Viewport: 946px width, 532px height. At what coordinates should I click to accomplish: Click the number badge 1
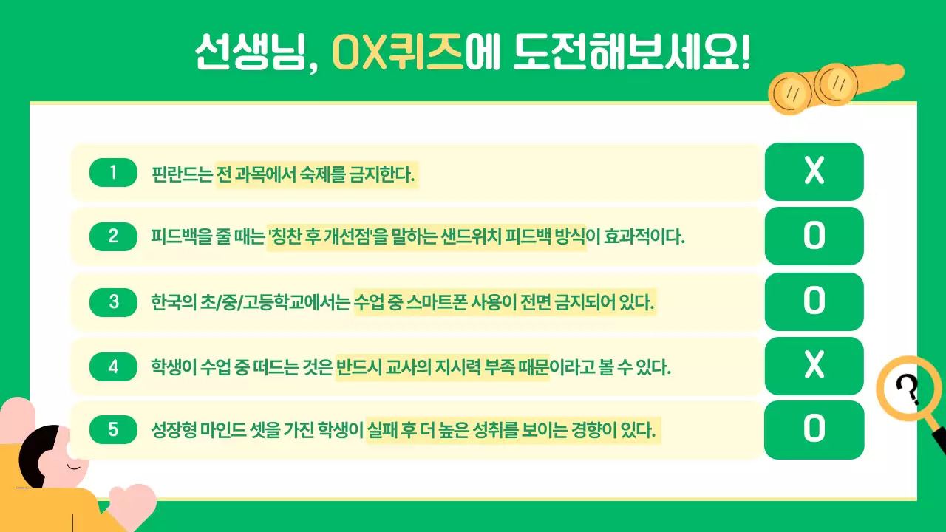pyautogui.click(x=113, y=173)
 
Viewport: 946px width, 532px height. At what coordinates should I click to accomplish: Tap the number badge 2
pyautogui.click(x=113, y=236)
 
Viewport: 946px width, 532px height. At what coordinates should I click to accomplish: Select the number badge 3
pyautogui.click(x=113, y=301)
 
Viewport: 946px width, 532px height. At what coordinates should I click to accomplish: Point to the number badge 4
pyautogui.click(x=113, y=366)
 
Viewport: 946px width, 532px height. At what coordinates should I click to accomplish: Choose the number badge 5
pyautogui.click(x=113, y=429)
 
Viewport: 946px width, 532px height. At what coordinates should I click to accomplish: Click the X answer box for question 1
pyautogui.click(x=814, y=171)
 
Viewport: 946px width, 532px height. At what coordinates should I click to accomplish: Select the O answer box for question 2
pyautogui.click(x=814, y=236)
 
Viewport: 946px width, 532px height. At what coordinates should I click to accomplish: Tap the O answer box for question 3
pyautogui.click(x=814, y=301)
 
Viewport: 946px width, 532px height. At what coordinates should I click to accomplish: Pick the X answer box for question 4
pyautogui.click(x=814, y=365)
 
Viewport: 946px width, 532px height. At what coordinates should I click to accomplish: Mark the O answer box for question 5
pyautogui.click(x=814, y=429)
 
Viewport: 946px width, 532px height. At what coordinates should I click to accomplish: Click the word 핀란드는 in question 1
pyautogui.click(x=182, y=175)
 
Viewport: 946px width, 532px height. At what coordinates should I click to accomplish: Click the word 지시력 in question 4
pyautogui.click(x=455, y=367)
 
